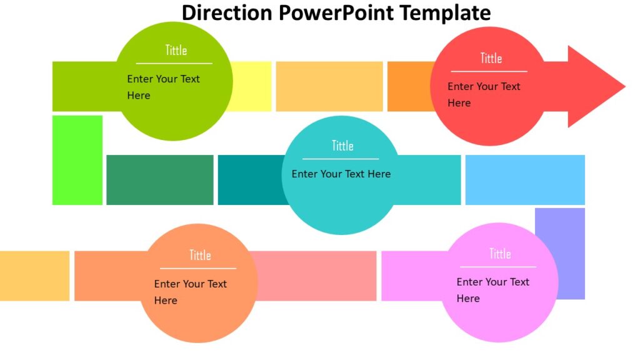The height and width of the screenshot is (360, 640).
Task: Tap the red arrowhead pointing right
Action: (594, 86)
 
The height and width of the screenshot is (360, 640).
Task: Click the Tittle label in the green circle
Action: (176, 50)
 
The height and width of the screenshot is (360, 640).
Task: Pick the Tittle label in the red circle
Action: (491, 58)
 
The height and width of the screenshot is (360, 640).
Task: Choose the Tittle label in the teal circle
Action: (342, 146)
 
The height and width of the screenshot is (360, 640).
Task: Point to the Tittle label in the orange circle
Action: (200, 255)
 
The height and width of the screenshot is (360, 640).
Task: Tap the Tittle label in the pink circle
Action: (499, 253)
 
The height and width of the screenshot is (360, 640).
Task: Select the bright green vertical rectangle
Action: (77, 160)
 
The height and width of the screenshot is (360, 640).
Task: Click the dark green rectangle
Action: (160, 180)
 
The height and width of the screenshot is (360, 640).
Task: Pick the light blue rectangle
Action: (525, 180)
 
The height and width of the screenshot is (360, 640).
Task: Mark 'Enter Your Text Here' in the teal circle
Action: (341, 174)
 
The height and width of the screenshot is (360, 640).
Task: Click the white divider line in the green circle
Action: (174, 63)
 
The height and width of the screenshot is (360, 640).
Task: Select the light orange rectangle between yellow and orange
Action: (329, 86)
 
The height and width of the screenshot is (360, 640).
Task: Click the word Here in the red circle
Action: (459, 103)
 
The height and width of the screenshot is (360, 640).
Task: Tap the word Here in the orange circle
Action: (166, 301)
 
